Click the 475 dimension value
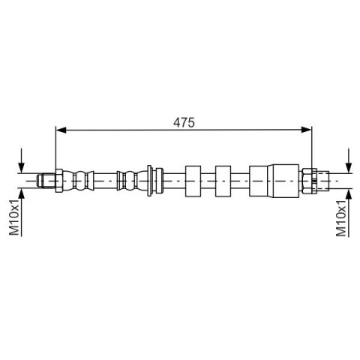coord(184,122)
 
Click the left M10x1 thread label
coord(14,217)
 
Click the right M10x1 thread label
coord(341,218)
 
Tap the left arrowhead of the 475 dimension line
coord(61,130)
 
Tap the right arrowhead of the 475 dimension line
coord(307,130)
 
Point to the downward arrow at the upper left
coord(22,160)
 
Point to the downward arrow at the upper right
coord(349,160)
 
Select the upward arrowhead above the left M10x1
coord(22,194)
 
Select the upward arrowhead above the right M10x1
coord(349,194)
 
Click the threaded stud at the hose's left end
coord(46,181)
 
